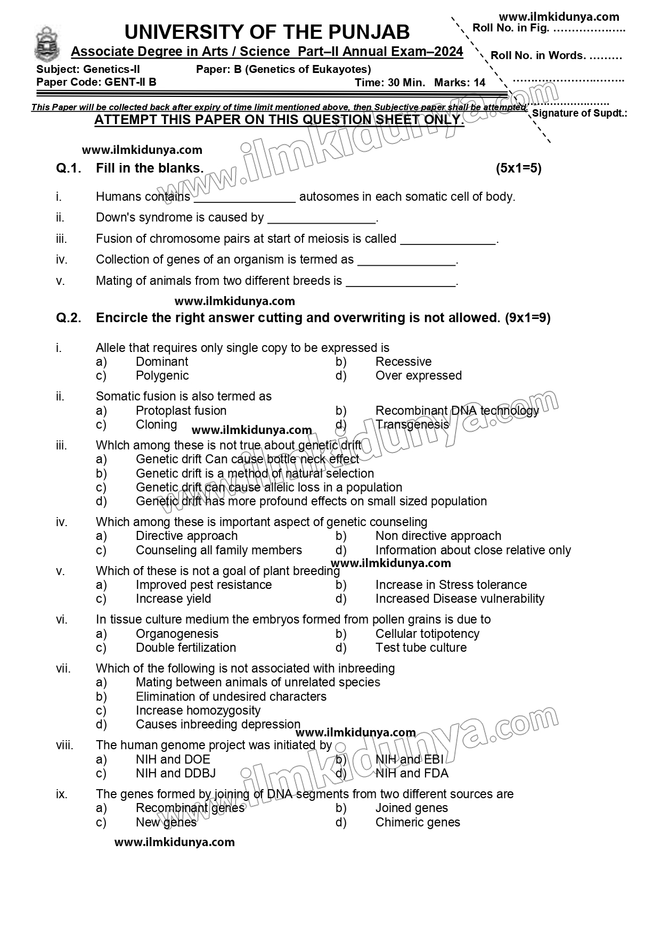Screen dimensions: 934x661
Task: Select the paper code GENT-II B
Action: click(x=130, y=82)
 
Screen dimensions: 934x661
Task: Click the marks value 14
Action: click(x=479, y=83)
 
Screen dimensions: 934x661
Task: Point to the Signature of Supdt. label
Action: click(x=580, y=113)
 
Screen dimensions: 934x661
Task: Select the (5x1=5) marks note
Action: click(x=518, y=168)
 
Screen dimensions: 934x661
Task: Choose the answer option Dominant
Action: click(x=162, y=362)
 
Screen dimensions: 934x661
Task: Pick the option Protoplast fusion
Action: click(x=181, y=411)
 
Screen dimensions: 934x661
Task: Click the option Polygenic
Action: click(x=162, y=375)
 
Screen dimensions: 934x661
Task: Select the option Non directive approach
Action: click(x=438, y=536)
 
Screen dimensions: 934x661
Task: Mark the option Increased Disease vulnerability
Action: click(x=460, y=599)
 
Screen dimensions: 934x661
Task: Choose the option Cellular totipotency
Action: click(x=427, y=634)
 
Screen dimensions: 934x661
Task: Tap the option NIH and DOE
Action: click(x=173, y=759)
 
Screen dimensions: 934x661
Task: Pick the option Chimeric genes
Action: click(x=418, y=822)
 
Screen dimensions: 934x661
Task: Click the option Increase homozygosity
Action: click(x=198, y=710)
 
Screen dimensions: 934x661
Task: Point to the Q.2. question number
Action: click(x=68, y=318)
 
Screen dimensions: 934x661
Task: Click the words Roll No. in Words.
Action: click(x=538, y=55)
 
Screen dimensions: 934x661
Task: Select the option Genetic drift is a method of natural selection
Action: click(x=255, y=473)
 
